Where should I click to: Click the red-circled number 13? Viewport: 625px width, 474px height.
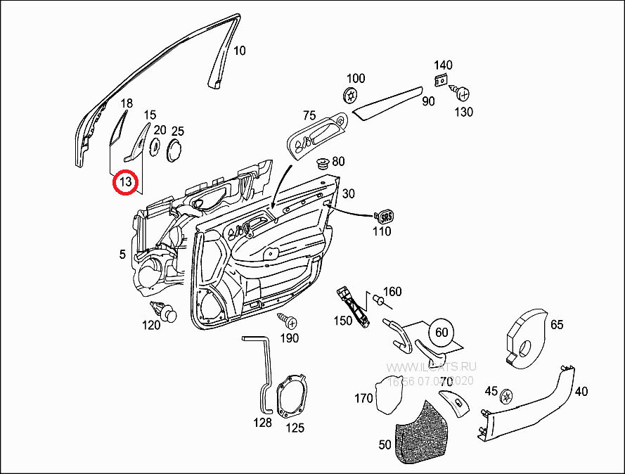pyautogui.click(x=125, y=184)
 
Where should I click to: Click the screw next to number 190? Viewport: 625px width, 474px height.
pyautogui.click(x=287, y=321)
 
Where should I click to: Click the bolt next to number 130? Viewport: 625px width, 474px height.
pyautogui.click(x=463, y=92)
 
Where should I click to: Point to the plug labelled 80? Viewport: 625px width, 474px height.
pyautogui.click(x=324, y=164)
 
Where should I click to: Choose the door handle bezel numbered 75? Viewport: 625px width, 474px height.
pyautogui.click(x=318, y=134)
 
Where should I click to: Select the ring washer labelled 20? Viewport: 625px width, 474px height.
pyautogui.click(x=155, y=146)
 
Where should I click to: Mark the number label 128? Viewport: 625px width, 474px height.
pyautogui.click(x=262, y=423)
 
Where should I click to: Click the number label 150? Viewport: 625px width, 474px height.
pyautogui.click(x=342, y=321)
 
